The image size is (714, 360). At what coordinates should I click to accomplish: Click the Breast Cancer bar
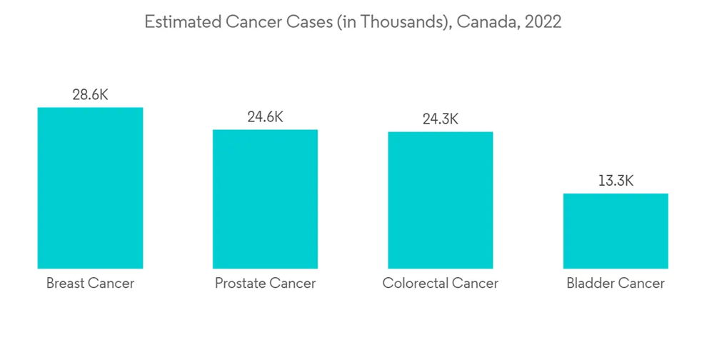pyautogui.click(x=90, y=188)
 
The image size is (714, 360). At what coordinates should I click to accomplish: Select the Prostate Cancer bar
pyautogui.click(x=265, y=199)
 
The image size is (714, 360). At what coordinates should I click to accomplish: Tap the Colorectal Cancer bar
pyautogui.click(x=441, y=200)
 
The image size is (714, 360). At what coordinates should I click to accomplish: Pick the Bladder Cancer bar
pyautogui.click(x=615, y=231)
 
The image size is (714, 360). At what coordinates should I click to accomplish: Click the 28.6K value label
pyautogui.click(x=90, y=95)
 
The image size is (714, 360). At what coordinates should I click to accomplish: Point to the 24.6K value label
pyautogui.click(x=265, y=117)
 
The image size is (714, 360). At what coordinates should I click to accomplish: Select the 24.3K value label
pyautogui.click(x=441, y=119)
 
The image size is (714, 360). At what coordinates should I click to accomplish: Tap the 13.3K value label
pyautogui.click(x=615, y=181)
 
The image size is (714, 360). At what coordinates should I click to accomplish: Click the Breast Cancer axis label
pyautogui.click(x=90, y=284)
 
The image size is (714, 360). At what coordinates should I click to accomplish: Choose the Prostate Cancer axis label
pyautogui.click(x=265, y=284)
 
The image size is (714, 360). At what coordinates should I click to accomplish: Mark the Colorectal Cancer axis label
pyautogui.click(x=441, y=284)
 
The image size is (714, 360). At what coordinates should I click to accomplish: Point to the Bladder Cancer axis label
pyautogui.click(x=615, y=284)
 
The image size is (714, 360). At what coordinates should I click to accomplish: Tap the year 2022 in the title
pyautogui.click(x=543, y=22)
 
